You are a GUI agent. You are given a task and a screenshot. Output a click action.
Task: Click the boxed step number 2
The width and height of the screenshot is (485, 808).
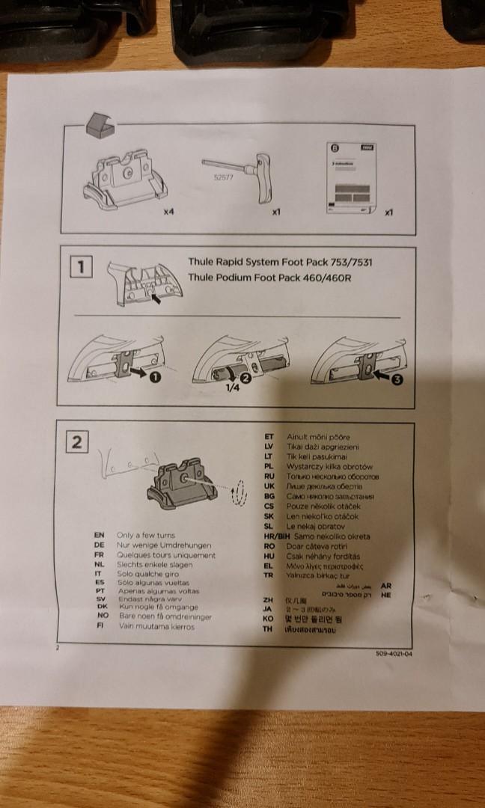pos(76,442)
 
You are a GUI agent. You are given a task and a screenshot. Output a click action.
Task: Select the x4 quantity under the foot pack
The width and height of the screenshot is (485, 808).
pos(168,212)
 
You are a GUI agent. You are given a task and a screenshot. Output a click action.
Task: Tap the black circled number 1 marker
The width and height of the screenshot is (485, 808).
pos(156,377)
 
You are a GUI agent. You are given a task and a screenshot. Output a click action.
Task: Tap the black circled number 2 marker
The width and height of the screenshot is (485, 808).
pos(245,377)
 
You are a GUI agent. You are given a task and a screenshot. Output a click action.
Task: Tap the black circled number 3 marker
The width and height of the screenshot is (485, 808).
pos(397,379)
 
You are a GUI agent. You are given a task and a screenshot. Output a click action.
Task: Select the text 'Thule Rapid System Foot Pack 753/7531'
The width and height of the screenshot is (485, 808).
pos(280,263)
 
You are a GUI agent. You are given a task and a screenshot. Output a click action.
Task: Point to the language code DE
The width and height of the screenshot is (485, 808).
pos(99,545)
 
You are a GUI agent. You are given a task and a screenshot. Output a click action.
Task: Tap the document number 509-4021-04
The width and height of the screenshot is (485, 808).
pos(394,653)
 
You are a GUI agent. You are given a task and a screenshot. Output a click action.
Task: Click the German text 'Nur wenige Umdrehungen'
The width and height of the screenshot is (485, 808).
pos(164,545)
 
